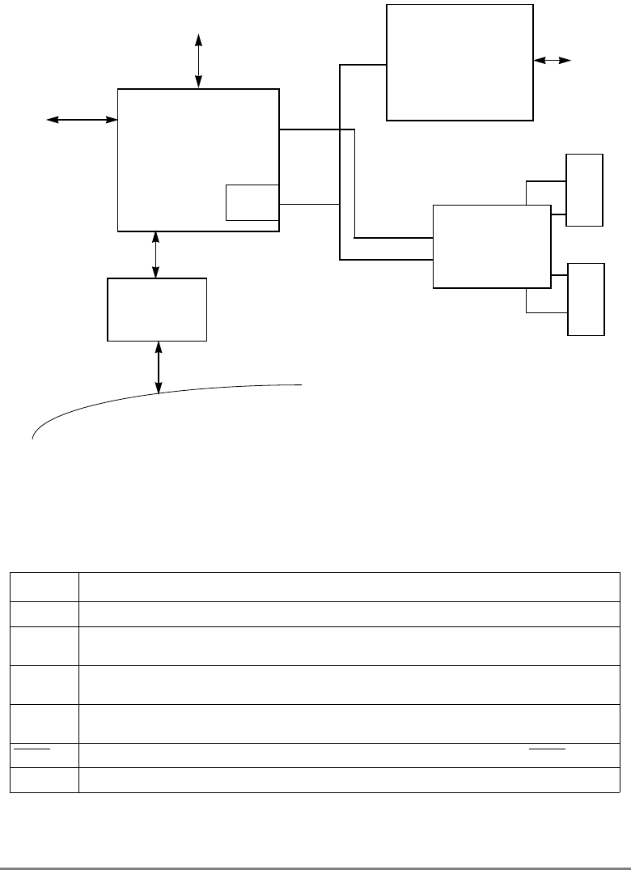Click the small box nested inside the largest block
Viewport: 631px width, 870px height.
coord(252,202)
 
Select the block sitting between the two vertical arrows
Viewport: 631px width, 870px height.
coord(158,309)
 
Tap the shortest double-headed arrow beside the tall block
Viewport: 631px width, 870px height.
coord(553,60)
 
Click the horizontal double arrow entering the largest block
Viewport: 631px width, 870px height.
coord(82,120)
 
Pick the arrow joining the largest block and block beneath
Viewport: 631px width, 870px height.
coord(156,254)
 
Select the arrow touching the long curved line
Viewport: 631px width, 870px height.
coord(158,367)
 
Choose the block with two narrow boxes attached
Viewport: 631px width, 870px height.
coord(492,246)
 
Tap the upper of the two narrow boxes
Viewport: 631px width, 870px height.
coord(584,189)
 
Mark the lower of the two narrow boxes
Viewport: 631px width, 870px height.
coord(586,299)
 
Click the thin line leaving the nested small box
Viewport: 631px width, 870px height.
coord(308,204)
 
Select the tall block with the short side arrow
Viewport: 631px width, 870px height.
coord(459,62)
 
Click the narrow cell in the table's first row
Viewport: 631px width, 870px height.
coord(44,587)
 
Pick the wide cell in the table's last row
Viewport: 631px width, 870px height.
coord(348,779)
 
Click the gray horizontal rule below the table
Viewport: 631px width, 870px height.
coord(315,847)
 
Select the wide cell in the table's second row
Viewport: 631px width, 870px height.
coord(348,613)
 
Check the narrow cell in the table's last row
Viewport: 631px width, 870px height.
coord(44,779)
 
